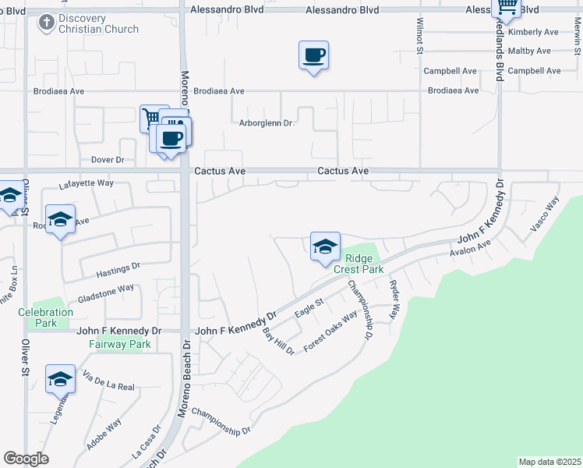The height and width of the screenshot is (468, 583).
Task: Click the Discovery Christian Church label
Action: click(98, 23)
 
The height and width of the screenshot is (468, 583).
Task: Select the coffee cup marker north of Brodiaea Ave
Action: click(313, 56)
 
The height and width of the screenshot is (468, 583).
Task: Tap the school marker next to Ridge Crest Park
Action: click(325, 247)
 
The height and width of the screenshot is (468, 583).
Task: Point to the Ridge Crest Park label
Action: click(359, 264)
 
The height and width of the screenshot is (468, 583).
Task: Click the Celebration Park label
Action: click(46, 317)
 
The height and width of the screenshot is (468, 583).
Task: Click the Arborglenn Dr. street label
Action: click(265, 123)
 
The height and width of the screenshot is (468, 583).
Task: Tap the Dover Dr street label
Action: click(108, 160)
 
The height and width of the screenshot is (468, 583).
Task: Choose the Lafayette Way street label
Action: click(87, 184)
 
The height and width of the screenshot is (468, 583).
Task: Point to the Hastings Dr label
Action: click(118, 271)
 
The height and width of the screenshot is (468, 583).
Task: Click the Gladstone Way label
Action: click(105, 294)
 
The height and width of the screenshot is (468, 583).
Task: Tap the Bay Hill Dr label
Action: click(278, 341)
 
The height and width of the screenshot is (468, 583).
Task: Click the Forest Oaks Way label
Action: click(330, 331)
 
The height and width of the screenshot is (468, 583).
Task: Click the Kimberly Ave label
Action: click(533, 33)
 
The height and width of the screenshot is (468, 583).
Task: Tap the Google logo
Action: click(26, 459)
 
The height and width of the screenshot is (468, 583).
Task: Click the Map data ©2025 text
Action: click(549, 461)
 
